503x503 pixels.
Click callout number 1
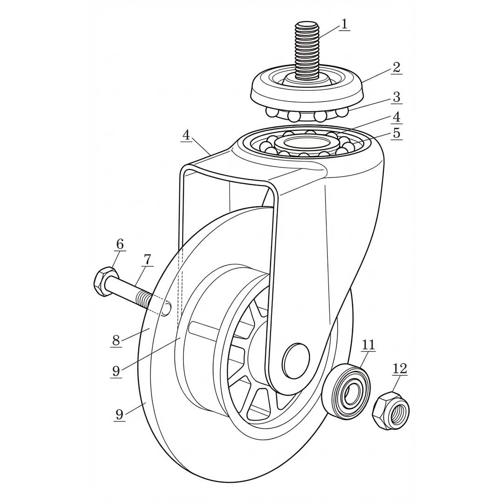[x=344, y=24]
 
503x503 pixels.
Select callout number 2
[x=396, y=68]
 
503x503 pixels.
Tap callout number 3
[x=397, y=96]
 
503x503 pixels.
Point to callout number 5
[x=397, y=133]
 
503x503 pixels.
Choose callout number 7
[x=147, y=259]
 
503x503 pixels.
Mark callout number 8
[x=116, y=340]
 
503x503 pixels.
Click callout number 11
[x=368, y=345]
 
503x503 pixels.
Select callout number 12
[x=400, y=369]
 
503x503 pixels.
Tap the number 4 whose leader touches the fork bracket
[x=186, y=136]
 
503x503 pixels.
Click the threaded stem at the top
[x=307, y=51]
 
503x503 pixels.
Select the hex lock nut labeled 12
[x=391, y=411]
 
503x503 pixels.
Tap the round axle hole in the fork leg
[x=295, y=360]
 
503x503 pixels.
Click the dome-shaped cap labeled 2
[x=306, y=87]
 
